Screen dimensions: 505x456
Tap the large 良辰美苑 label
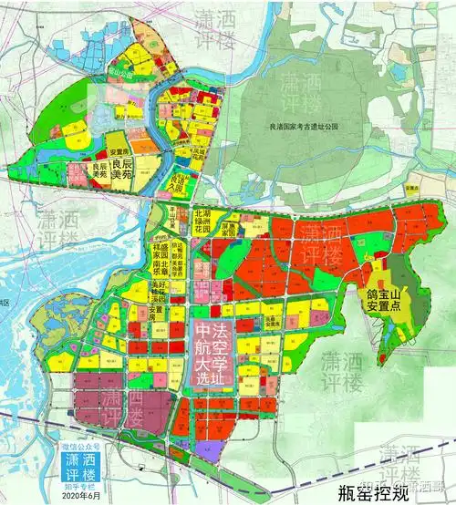tap(135, 170)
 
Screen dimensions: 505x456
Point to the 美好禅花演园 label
tap(160, 293)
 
